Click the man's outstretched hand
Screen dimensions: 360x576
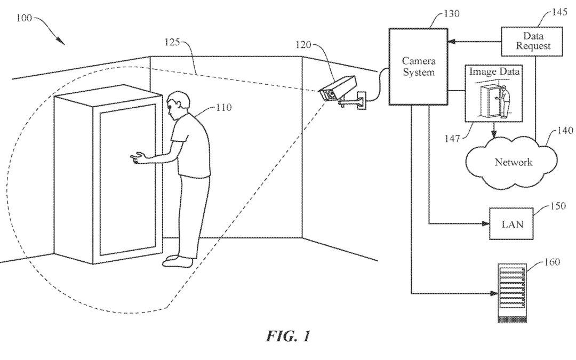point(138,157)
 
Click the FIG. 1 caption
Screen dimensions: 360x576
point(288,337)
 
